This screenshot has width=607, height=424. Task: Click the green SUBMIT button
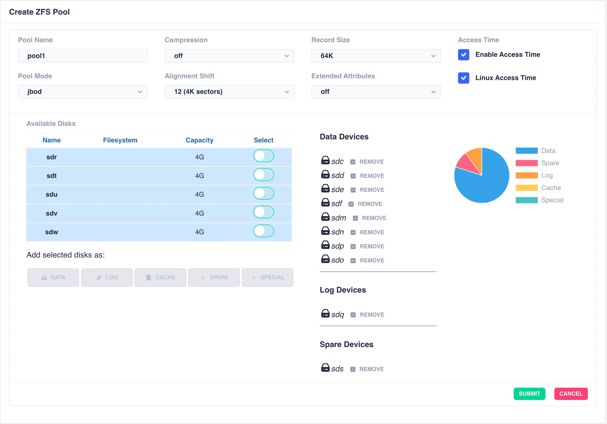[529, 394]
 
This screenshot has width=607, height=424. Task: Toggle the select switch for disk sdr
[263, 156]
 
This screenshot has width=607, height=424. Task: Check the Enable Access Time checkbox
[463, 55]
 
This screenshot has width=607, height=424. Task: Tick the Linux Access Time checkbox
[463, 78]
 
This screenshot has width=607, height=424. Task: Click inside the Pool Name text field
[83, 56]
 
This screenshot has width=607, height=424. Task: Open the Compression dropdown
[229, 56]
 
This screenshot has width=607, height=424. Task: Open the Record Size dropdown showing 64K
[376, 56]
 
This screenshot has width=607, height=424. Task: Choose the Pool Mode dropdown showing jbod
[83, 92]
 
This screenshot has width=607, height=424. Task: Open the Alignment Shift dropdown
[229, 92]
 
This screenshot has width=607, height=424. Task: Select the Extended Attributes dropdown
[376, 92]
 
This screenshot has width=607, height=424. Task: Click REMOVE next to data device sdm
[373, 218]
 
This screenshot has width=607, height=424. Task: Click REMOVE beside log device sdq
[371, 315]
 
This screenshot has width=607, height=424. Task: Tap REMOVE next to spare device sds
[371, 369]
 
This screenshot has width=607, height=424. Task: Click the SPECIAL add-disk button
[267, 277]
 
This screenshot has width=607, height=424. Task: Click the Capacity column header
[199, 140]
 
